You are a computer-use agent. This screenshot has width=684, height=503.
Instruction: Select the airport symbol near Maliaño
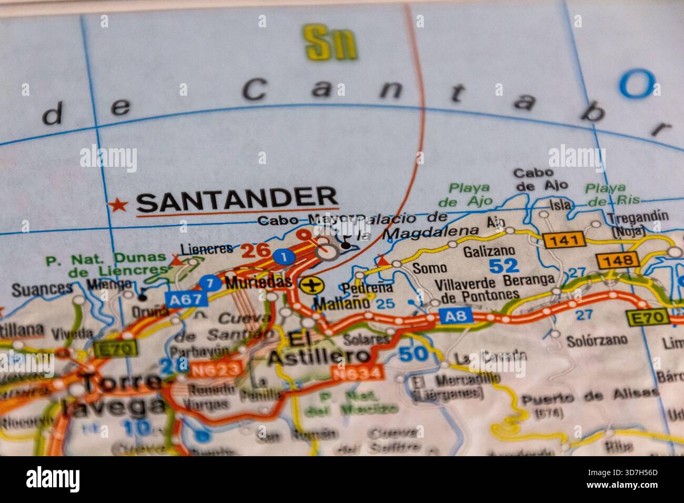[x=312, y=285]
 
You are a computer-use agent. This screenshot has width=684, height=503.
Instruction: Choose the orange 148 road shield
[x=618, y=260]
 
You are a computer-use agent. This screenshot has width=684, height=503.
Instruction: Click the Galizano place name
[x=488, y=252]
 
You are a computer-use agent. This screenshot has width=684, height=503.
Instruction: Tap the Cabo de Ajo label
[x=533, y=179]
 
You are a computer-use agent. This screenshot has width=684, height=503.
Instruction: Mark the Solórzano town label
[x=597, y=340]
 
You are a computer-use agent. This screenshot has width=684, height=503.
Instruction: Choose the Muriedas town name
[x=258, y=282]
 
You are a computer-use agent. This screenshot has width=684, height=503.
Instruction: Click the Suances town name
[x=42, y=288]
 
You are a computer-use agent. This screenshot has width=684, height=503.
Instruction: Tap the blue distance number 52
[x=504, y=266]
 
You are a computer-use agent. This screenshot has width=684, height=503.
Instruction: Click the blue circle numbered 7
[x=210, y=283]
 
